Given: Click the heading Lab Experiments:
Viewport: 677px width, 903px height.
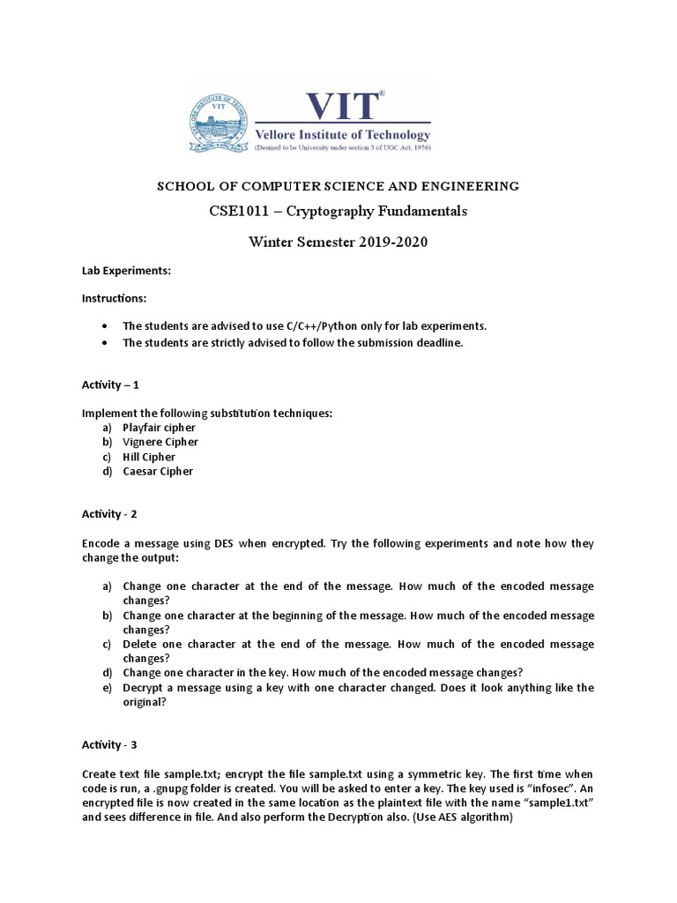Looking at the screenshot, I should pos(126,273).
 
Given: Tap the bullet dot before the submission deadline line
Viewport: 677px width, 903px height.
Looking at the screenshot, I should pos(106,342).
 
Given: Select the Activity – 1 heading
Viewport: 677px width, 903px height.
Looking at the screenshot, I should pos(110,385).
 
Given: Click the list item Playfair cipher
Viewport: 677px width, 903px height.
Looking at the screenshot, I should pos(159,427).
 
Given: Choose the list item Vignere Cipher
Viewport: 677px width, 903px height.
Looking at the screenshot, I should pos(160,442).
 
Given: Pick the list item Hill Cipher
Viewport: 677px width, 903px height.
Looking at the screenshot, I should pos(149,457).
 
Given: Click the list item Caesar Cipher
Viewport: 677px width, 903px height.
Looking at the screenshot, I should pos(158,471).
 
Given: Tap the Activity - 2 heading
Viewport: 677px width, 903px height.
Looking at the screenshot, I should pos(110,513).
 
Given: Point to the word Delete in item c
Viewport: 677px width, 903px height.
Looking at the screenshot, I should pos(140,645).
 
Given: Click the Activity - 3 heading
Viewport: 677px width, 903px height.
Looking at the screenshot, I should pos(110,745).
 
